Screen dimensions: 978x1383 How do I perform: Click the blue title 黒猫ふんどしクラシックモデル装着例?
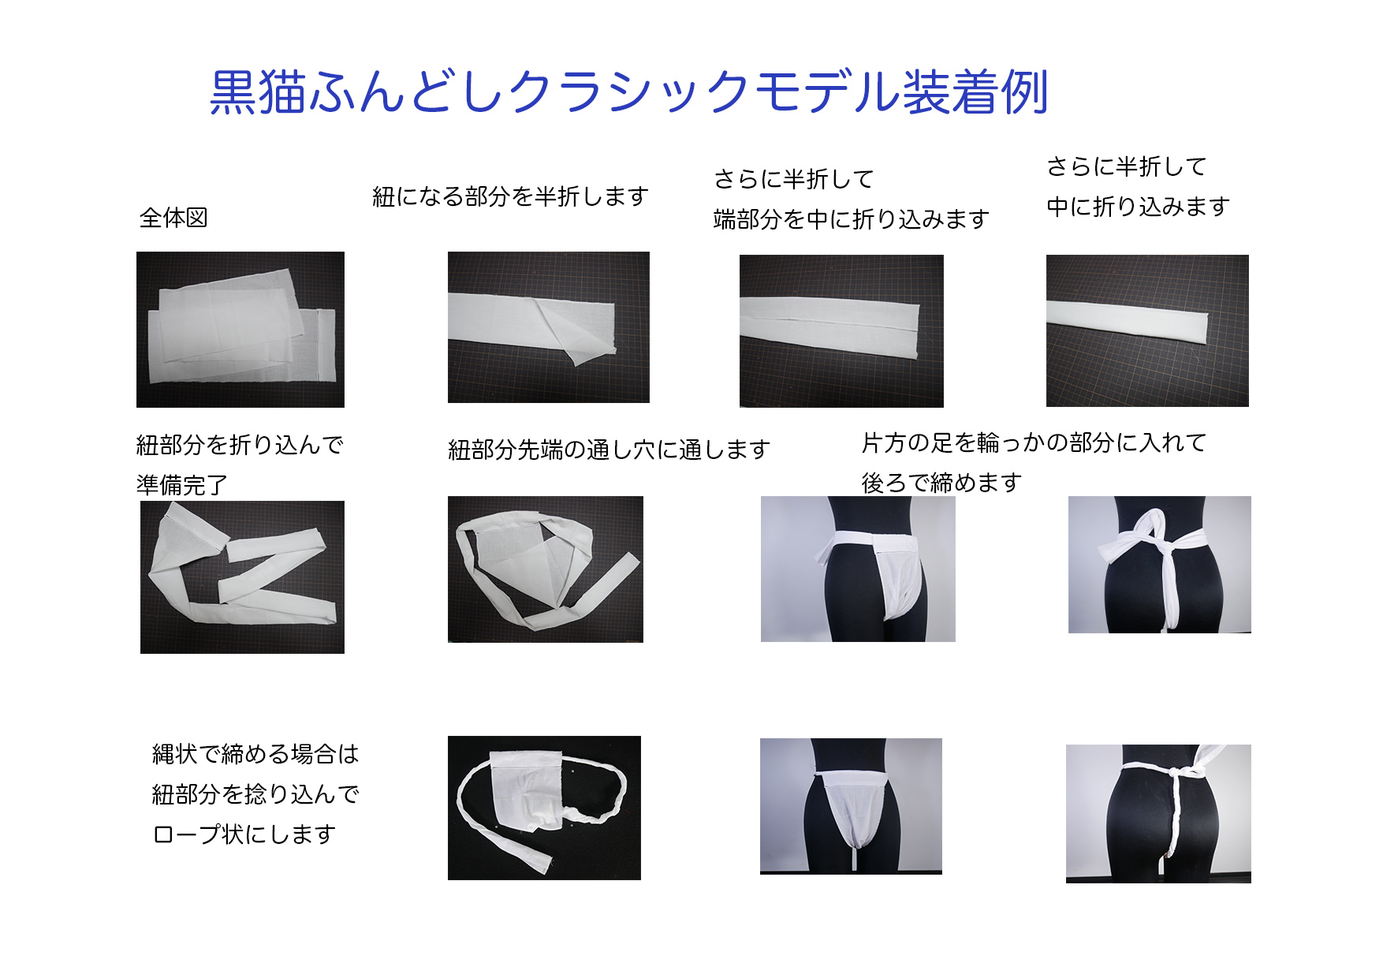point(628,92)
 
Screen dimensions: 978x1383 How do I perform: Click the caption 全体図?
point(173,218)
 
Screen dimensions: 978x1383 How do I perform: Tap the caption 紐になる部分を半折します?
point(510,196)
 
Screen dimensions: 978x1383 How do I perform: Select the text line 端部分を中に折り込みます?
point(851,219)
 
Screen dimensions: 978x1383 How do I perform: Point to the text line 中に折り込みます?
point(1138,207)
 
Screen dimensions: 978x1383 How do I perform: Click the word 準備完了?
point(182,485)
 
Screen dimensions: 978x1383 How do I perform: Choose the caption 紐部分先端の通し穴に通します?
point(609,450)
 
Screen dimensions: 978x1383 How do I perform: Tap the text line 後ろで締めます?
point(941,483)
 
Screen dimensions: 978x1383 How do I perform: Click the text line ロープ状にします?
point(244,834)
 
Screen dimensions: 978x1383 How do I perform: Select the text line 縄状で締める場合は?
point(255,754)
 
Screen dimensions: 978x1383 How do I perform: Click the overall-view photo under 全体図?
point(240,330)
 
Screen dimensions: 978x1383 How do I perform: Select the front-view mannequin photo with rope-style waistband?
point(851,805)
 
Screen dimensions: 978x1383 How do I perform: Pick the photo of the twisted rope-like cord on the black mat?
point(544,808)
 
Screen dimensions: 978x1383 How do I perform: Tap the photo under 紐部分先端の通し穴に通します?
point(545,569)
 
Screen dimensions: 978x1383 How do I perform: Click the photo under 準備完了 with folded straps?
point(242,577)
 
